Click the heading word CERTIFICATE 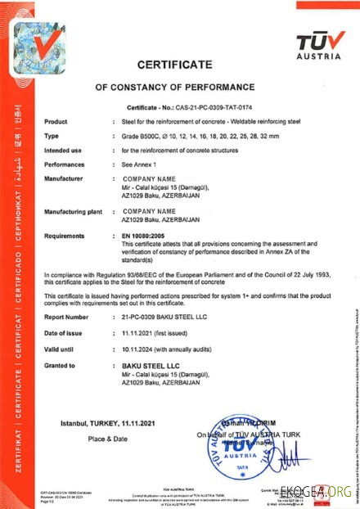[174, 64]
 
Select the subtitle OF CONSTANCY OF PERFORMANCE [175, 86]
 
